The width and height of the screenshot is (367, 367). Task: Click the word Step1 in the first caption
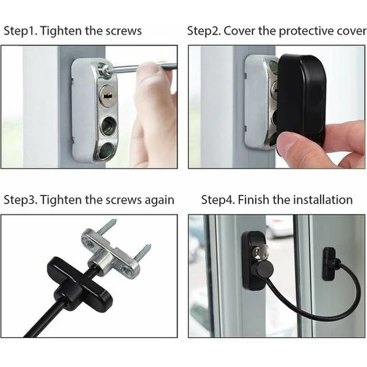tap(20, 31)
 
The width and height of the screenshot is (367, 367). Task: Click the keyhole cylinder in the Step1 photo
tap(107, 96)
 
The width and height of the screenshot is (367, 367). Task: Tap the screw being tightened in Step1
tap(106, 70)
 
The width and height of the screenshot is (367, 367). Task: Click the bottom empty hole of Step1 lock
tap(107, 151)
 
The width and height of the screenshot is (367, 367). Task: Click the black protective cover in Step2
tap(301, 100)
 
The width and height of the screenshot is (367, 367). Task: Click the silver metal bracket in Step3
tap(111, 254)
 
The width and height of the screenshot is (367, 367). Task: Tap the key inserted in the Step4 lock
tap(258, 253)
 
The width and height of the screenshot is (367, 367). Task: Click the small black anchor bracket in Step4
tap(330, 264)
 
